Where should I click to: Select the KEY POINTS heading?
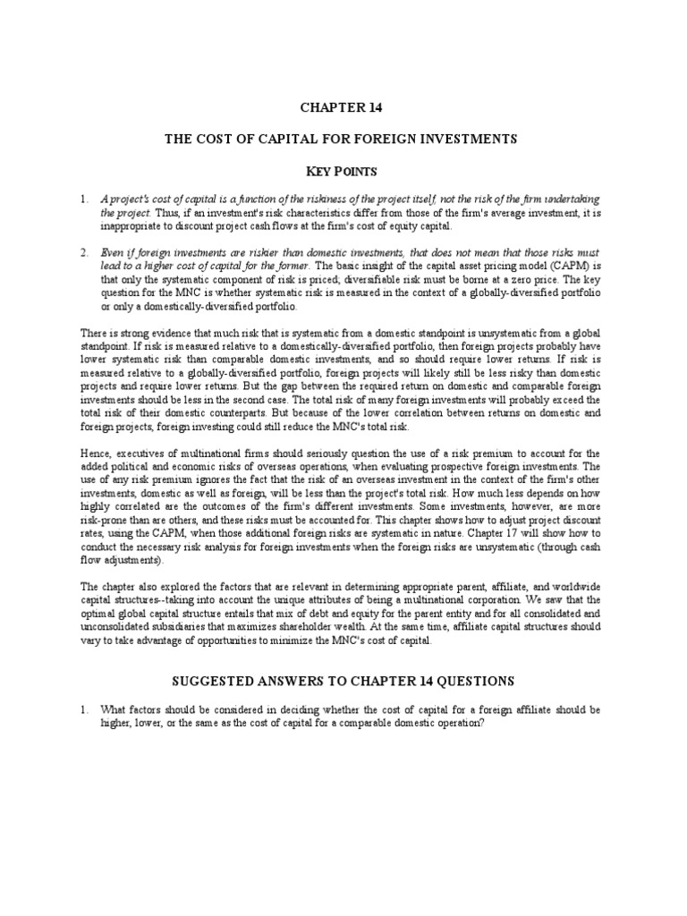tap(343, 170)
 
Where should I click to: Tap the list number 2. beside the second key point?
tap(83, 254)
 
